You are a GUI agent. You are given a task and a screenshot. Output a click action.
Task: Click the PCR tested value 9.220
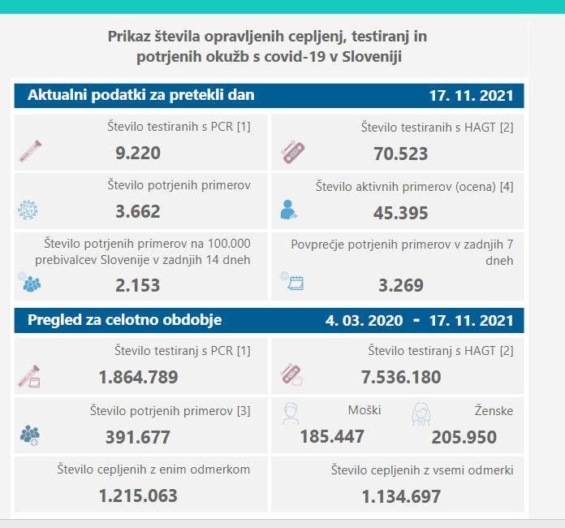click(x=138, y=153)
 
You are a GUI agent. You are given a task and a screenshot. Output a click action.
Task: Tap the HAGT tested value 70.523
click(x=400, y=153)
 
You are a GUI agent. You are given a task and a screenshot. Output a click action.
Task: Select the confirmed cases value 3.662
click(x=138, y=211)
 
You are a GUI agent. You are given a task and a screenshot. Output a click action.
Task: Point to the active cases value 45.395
click(x=400, y=213)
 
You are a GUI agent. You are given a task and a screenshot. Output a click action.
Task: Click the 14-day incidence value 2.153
click(x=138, y=285)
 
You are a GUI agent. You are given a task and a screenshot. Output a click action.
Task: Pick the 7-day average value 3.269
click(x=400, y=285)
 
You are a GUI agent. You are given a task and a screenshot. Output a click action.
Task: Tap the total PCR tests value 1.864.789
click(x=138, y=377)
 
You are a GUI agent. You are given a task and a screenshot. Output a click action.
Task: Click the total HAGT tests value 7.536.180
click(x=400, y=377)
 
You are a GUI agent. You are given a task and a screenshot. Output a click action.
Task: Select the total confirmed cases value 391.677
click(x=138, y=437)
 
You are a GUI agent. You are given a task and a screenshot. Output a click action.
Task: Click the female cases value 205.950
click(x=464, y=437)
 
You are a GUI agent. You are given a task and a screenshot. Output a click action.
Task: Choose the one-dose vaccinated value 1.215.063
click(x=138, y=496)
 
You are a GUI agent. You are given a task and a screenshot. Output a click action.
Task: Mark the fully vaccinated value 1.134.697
click(x=400, y=496)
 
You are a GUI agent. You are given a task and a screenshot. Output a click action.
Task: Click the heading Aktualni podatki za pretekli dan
click(x=141, y=96)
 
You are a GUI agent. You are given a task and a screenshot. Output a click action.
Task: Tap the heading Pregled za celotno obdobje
click(x=125, y=319)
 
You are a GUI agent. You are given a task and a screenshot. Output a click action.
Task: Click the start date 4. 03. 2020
click(x=364, y=320)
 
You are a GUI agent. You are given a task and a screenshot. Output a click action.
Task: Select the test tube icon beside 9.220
click(x=30, y=150)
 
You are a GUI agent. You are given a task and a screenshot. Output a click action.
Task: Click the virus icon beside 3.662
click(x=28, y=210)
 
